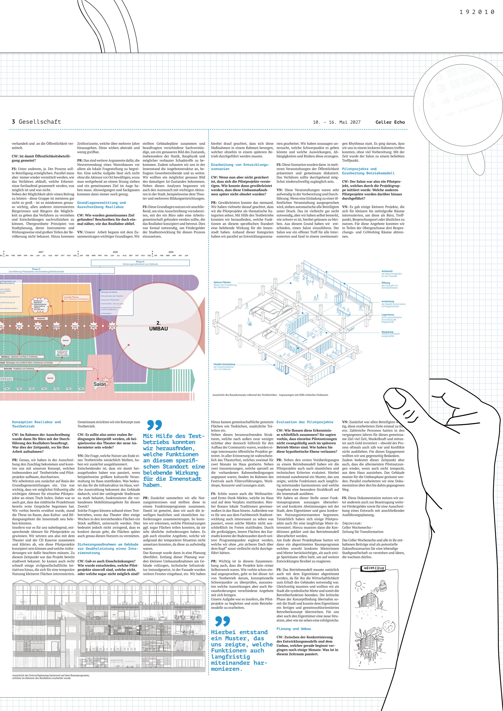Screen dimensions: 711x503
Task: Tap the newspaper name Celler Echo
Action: tap(390, 122)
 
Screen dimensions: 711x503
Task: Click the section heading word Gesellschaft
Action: tap(40, 122)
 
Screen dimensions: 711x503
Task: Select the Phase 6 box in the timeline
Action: tap(140, 263)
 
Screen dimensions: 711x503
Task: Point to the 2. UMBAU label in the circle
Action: tap(158, 326)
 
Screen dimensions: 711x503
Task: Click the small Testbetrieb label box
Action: tap(41, 318)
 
